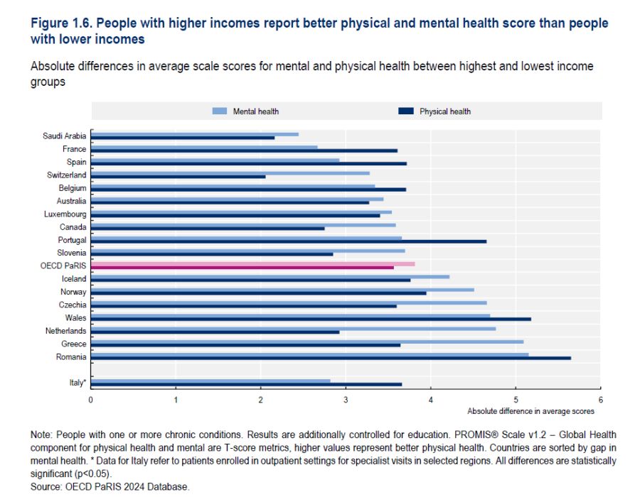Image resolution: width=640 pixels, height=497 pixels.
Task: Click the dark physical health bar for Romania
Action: [x=331, y=358]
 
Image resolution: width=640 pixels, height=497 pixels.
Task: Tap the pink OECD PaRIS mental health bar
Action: [x=252, y=263]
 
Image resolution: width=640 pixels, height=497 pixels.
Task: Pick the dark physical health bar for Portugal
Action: [x=289, y=241]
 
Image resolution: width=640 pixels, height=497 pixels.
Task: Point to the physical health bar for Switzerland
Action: [x=178, y=176]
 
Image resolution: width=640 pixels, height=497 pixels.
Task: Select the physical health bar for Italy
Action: [x=246, y=384]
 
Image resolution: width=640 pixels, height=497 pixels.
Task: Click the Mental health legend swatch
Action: [x=219, y=111]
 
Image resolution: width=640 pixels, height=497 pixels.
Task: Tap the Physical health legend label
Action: [x=444, y=111]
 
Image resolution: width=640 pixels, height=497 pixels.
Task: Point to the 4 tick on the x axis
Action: [x=431, y=400]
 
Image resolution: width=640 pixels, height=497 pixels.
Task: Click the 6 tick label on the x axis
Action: [x=601, y=400]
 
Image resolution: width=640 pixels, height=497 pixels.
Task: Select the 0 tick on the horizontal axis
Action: [x=91, y=400]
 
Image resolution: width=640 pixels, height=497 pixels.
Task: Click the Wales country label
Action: [x=75, y=318]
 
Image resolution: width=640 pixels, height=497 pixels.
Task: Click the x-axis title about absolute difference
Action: [x=530, y=411]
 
